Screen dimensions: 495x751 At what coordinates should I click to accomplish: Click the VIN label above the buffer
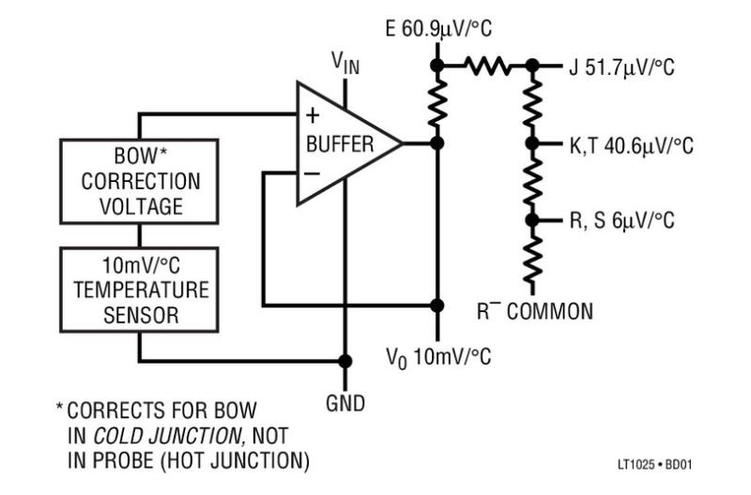[346, 64]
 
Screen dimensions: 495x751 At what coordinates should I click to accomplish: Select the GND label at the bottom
[345, 405]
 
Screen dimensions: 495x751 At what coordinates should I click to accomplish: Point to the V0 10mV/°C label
[438, 357]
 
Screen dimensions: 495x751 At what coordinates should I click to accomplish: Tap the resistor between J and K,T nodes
[532, 105]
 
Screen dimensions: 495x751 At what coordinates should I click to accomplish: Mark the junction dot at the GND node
[345, 361]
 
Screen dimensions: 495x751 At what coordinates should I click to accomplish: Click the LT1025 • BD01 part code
[656, 463]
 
